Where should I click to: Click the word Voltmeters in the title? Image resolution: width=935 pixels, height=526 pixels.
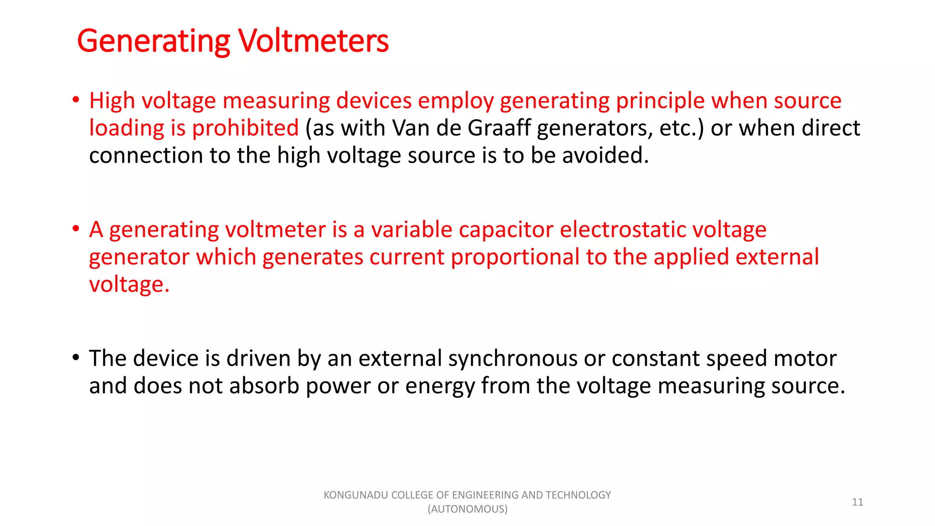pos(313,41)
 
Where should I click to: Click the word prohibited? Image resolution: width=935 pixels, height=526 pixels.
pos(245,128)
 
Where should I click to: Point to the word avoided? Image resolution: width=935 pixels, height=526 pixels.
pos(605,155)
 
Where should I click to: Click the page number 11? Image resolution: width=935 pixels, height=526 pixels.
pos(857,502)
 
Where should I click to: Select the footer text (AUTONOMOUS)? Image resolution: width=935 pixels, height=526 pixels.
pos(467,509)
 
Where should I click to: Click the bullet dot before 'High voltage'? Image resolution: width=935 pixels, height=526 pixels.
pos(76,100)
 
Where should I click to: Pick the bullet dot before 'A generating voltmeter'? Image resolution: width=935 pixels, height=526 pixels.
pos(76,228)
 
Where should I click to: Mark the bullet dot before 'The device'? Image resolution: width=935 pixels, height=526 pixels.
pos(76,357)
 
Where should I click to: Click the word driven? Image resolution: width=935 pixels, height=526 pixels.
pos(258,358)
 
